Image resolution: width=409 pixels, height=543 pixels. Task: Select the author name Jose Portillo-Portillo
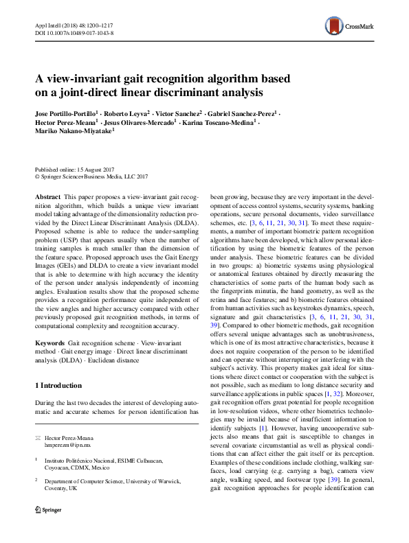(66, 111)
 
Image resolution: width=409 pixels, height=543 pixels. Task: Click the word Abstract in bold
(47, 196)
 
